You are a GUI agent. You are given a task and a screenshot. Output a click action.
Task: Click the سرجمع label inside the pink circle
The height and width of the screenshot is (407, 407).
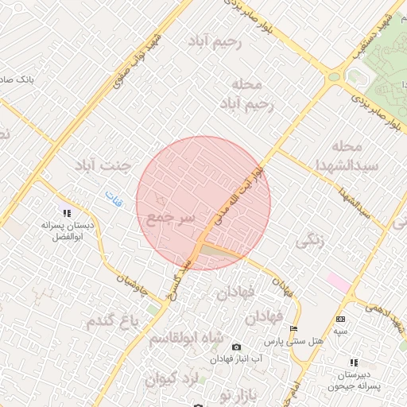[166, 218]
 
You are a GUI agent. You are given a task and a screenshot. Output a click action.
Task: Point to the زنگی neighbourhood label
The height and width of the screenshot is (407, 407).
[311, 244]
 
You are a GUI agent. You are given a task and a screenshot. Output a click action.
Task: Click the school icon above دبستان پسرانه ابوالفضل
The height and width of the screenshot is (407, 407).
[67, 212]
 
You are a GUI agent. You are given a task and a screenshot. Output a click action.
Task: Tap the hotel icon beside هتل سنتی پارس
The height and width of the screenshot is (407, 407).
[294, 328]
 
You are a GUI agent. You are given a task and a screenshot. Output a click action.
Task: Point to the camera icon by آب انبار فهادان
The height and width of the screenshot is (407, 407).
[236, 347]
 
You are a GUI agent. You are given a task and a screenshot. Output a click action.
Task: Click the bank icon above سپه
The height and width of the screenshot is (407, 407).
[340, 318]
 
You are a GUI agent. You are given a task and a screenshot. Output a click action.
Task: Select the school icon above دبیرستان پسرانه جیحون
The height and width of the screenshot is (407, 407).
[354, 362]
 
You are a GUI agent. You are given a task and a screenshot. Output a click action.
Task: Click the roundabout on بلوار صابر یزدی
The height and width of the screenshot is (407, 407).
[333, 77]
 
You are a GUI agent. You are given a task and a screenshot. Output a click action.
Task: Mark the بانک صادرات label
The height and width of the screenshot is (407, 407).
[16, 81]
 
